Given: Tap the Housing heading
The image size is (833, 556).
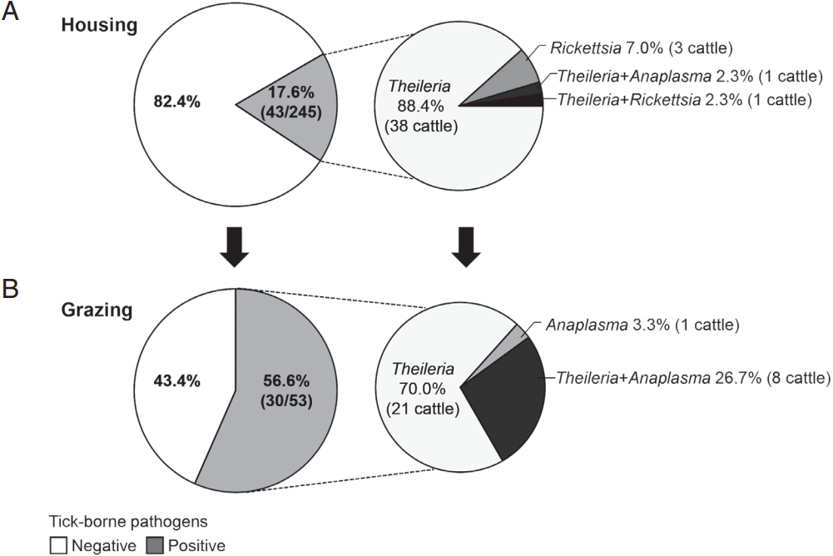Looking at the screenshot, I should [x=98, y=26].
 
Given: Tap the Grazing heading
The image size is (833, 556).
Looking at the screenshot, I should [x=99, y=310].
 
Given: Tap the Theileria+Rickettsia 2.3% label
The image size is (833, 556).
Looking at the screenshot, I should [x=682, y=101].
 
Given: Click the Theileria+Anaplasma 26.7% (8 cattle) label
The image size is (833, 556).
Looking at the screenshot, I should [x=692, y=378].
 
